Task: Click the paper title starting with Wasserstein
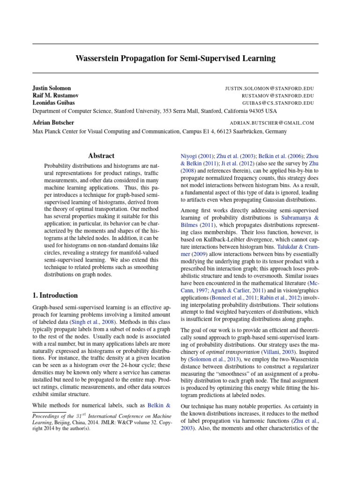coord(175,59)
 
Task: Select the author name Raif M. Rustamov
coord(55,95)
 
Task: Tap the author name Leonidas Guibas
coord(53,102)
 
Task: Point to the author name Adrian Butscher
coord(53,122)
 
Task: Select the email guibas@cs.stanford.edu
coord(278,103)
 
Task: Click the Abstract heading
coord(101,156)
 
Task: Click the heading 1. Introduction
coord(55,295)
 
